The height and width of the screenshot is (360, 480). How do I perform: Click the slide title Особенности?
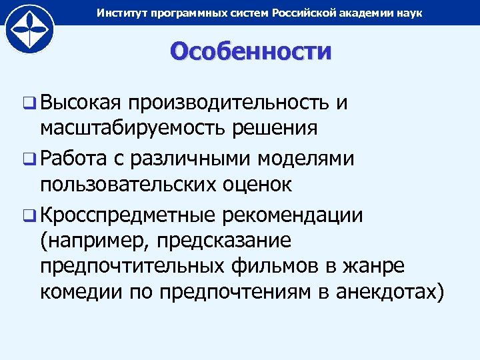coord(250,51)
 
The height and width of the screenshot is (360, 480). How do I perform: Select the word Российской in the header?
coord(303,13)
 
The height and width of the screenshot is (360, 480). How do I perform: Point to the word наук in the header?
coord(409,13)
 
